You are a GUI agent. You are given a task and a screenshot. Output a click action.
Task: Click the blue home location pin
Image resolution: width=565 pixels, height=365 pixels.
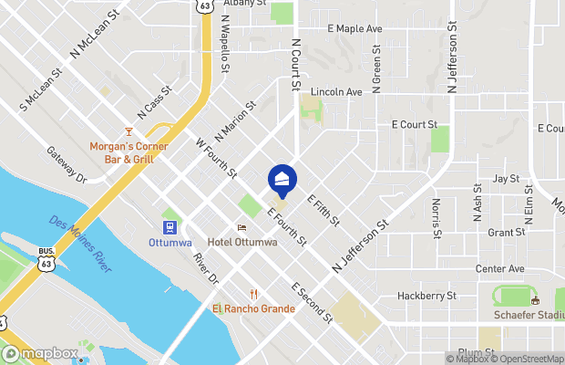coord(282,180)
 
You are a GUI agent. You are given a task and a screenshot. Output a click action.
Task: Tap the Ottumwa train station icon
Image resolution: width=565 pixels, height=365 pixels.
coord(169,227)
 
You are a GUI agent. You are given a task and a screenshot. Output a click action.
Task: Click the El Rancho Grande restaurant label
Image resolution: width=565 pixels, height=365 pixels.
coord(253,308)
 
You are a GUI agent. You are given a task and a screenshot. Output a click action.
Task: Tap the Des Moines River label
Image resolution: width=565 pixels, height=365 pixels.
coord(81,244)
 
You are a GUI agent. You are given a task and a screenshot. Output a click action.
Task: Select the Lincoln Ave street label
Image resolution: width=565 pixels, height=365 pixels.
coord(336,92)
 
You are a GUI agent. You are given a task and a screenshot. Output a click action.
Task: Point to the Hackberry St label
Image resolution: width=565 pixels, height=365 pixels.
coord(426,296)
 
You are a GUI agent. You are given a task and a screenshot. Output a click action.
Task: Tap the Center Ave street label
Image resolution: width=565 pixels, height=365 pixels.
coord(500,269)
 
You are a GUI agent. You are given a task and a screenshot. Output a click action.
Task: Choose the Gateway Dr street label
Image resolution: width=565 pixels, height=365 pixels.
coord(67,164)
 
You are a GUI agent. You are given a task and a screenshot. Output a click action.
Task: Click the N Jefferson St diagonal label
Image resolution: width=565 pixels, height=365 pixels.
coord(360,240)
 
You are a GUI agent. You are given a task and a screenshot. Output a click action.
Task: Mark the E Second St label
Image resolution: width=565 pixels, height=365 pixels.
coord(312,303)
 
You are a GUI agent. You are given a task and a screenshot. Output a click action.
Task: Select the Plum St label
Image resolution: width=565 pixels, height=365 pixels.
coord(476,352)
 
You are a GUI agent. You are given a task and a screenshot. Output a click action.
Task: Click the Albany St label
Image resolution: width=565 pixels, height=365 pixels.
coord(246,3)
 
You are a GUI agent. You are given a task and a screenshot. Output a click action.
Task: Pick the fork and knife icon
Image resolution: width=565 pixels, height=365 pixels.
coord(253,294)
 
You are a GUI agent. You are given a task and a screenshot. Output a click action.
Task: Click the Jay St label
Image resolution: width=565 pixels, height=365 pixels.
coord(505,178)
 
